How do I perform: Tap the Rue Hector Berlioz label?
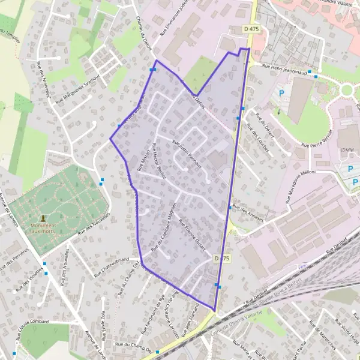(158, 162)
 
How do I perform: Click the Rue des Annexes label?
(248, 214)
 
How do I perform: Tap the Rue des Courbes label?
(259, 142)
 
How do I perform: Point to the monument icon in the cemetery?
(43, 218)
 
